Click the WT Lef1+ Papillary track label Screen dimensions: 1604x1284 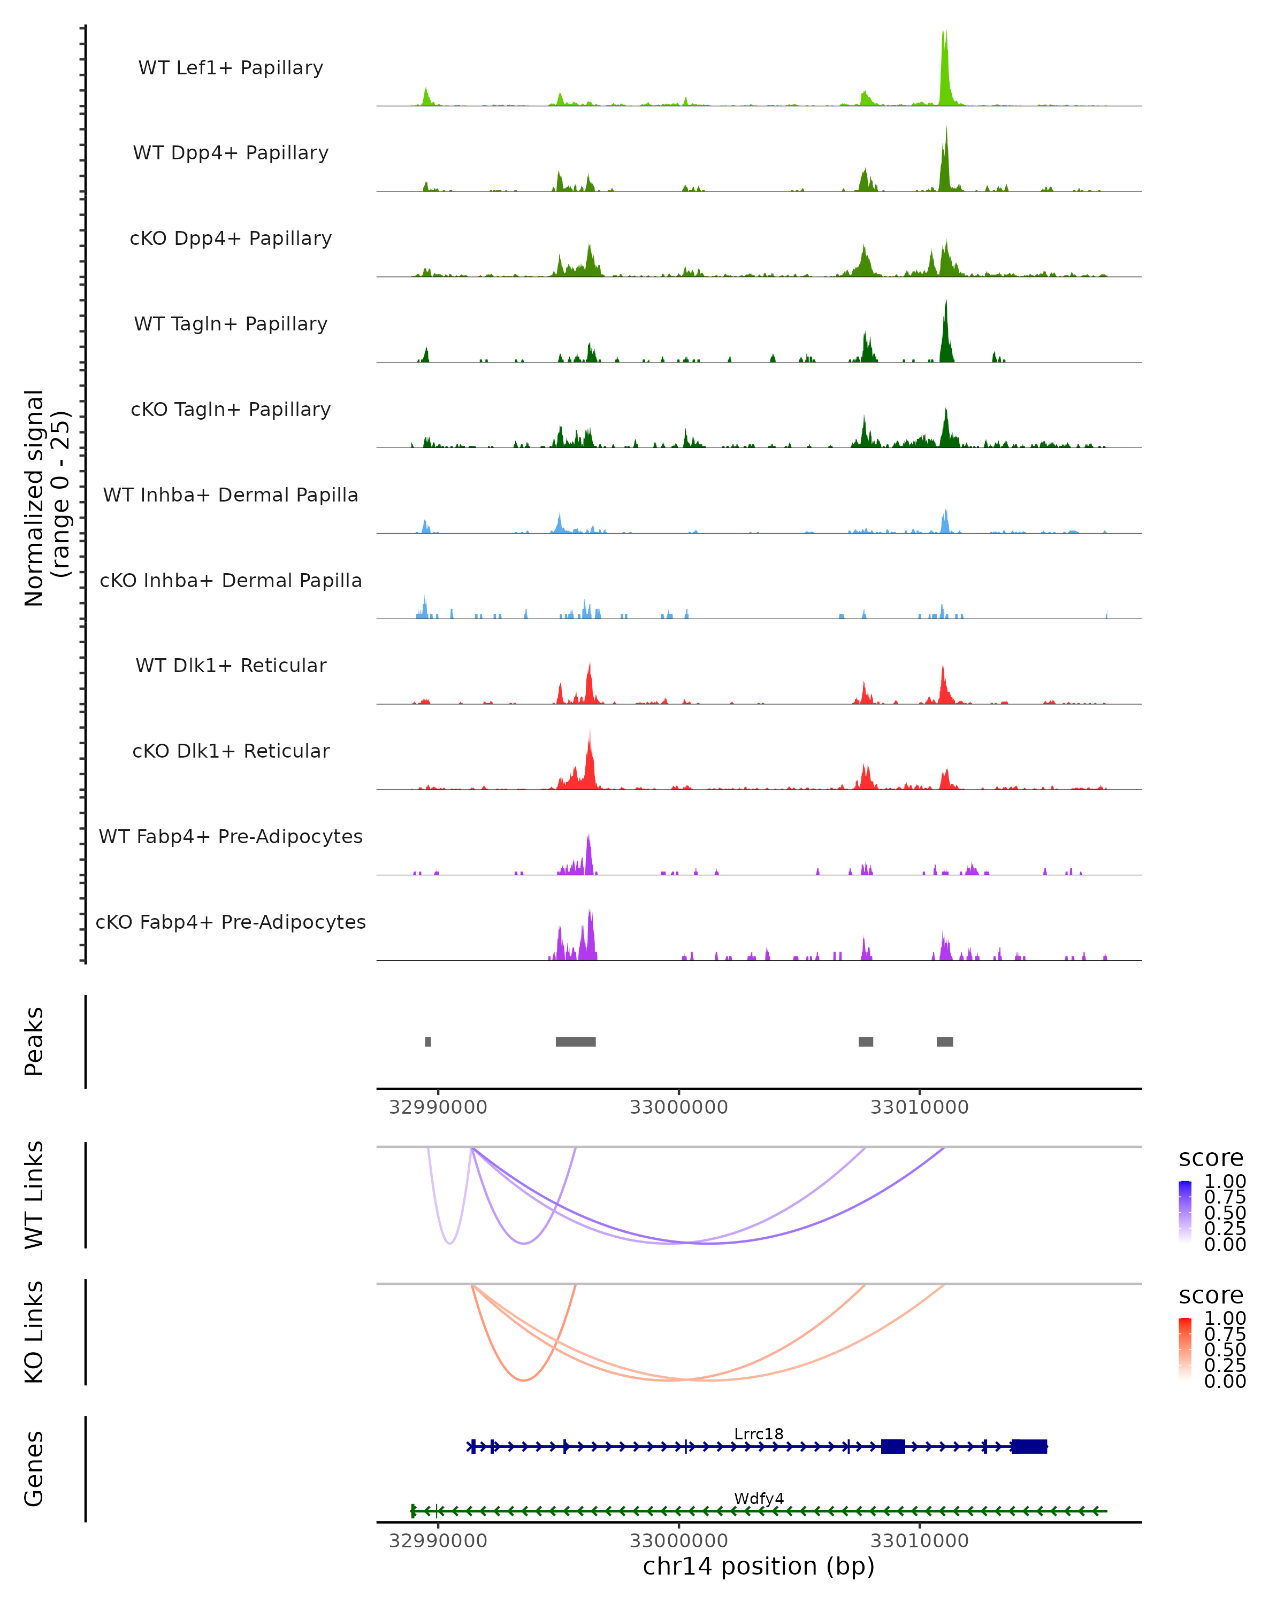coord(231,68)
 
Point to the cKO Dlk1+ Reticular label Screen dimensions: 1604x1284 coord(231,751)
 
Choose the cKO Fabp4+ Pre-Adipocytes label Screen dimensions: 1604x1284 coord(231,922)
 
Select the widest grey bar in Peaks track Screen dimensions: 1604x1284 coord(575,1042)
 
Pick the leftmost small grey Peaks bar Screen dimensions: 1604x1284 coord(428,1042)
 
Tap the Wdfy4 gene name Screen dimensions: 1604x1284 coord(759,1498)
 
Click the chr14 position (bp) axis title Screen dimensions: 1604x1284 coord(759,1566)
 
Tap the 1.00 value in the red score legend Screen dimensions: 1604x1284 coord(1225,1317)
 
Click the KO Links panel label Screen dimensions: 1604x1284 coord(34,1332)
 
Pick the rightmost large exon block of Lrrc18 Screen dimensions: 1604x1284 coord(1029,1446)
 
